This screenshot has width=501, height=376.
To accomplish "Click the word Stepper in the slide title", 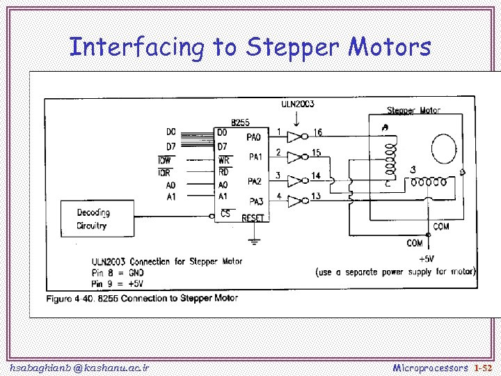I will pos(293,47).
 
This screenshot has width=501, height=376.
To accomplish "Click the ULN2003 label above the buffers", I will pos(297,104).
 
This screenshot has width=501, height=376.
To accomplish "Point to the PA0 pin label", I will pos(255,137).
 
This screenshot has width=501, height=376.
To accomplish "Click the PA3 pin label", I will pos(255,202).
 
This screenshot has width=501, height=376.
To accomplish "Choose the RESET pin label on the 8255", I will pos(253,219).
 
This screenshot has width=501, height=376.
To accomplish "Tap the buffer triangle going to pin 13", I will pos(296,201).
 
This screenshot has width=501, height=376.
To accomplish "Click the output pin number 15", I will pos(315,152).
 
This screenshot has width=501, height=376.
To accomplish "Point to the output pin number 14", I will pos(315,175).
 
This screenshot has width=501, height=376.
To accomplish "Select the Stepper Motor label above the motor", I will pos(413,110).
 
